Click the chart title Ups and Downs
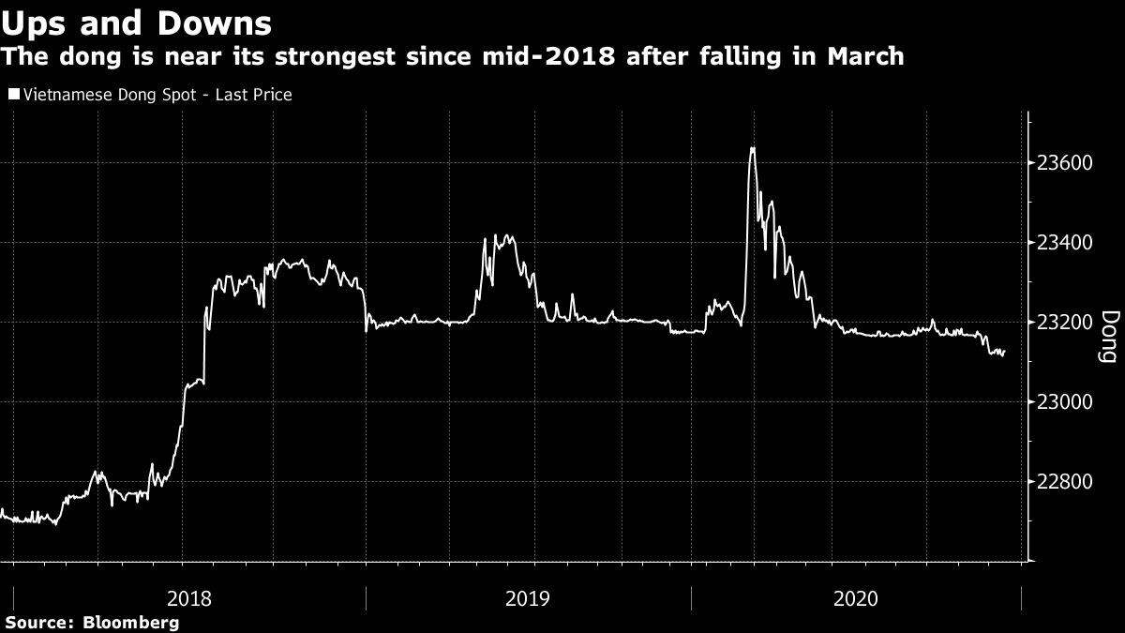pos(137,22)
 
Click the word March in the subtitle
pos(864,57)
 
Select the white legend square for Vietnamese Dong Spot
pos(12,95)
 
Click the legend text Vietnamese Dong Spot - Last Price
pos(156,95)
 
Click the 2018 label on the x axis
pos(188,597)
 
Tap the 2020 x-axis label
pos(856,597)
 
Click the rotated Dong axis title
pos(1107,337)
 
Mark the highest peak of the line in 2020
pos(752,148)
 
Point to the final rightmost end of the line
pos(1005,352)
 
